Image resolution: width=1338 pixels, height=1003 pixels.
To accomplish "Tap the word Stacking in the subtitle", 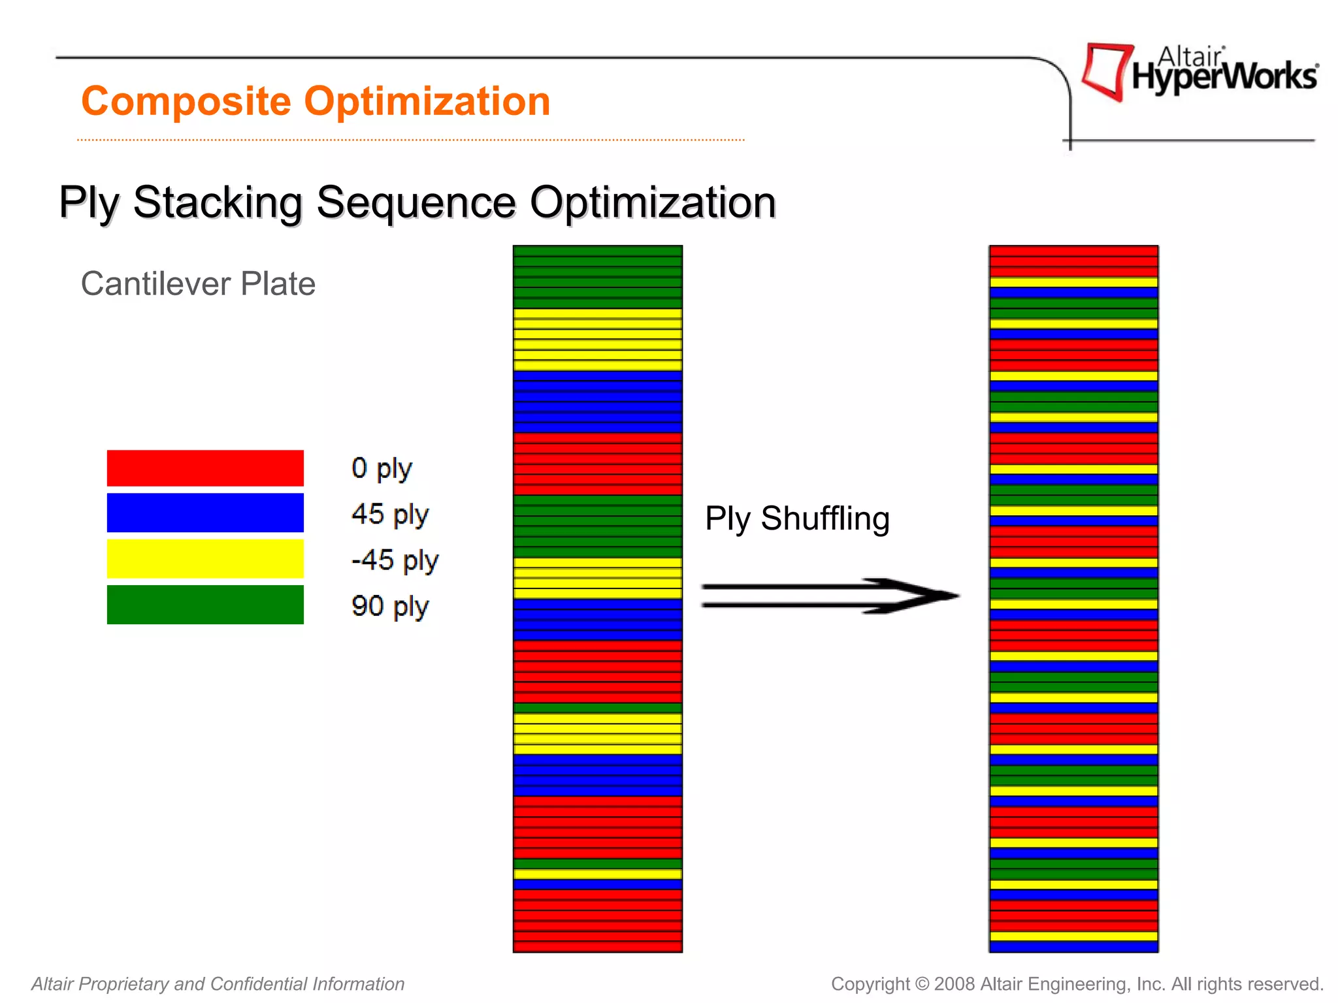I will click(218, 202).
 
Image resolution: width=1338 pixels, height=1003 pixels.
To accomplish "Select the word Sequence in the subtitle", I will click(416, 202).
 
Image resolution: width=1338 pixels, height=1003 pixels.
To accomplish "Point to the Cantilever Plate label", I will click(198, 284).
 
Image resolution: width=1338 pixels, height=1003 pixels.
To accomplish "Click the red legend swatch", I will click(205, 468).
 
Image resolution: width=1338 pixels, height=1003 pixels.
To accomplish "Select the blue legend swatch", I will click(205, 513).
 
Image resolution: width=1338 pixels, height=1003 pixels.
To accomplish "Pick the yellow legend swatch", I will click(205, 558).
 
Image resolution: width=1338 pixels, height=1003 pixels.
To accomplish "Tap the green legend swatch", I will click(205, 605).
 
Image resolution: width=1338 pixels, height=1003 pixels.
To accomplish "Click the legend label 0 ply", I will click(382, 469).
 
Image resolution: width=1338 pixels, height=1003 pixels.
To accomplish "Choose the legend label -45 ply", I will click(395, 560).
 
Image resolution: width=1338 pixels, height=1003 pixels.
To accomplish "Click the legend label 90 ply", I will click(389, 606).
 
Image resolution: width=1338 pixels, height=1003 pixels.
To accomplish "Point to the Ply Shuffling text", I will click(797, 518).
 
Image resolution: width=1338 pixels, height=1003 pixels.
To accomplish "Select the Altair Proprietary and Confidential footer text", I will click(218, 983).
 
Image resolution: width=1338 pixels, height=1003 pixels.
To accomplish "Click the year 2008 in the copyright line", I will click(955, 983).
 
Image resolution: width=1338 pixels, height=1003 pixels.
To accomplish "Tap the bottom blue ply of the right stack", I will click(1073, 946).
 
